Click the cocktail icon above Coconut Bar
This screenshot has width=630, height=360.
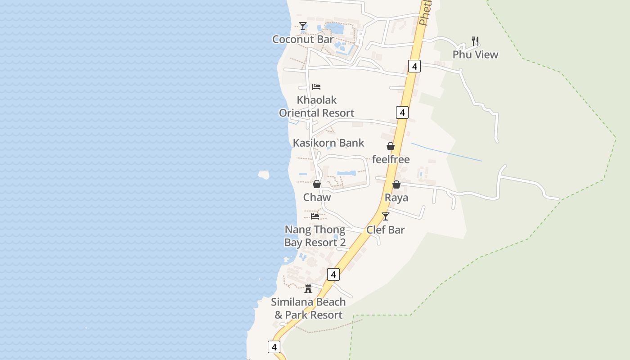pos(303,26)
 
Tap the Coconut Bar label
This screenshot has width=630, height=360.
pos(303,39)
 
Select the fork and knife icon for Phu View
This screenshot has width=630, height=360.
pos(475,41)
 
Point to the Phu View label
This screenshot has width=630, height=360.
pos(475,54)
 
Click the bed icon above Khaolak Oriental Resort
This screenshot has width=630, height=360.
pos(316,87)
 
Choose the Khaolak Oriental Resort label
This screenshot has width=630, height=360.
pos(317,106)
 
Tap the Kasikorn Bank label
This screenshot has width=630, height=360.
pos(328,143)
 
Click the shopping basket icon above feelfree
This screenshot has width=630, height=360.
pos(390,146)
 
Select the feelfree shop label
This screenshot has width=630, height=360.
pos(391,159)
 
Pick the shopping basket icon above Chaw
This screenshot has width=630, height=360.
pos(317,184)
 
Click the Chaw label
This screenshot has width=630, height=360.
pos(317,197)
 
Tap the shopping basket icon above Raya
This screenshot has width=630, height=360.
pos(396,184)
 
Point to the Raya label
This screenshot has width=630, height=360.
pos(396,198)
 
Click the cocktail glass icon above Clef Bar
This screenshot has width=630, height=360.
pos(385,216)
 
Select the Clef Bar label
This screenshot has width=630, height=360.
pos(385,229)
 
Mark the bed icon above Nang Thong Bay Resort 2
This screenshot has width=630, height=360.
pos(315,216)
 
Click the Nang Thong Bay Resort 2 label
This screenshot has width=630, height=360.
pos(315,236)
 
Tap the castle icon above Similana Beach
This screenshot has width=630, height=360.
pos(308,289)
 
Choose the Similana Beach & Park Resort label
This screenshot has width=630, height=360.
pos(308,308)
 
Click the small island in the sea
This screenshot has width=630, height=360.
pos(264,175)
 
